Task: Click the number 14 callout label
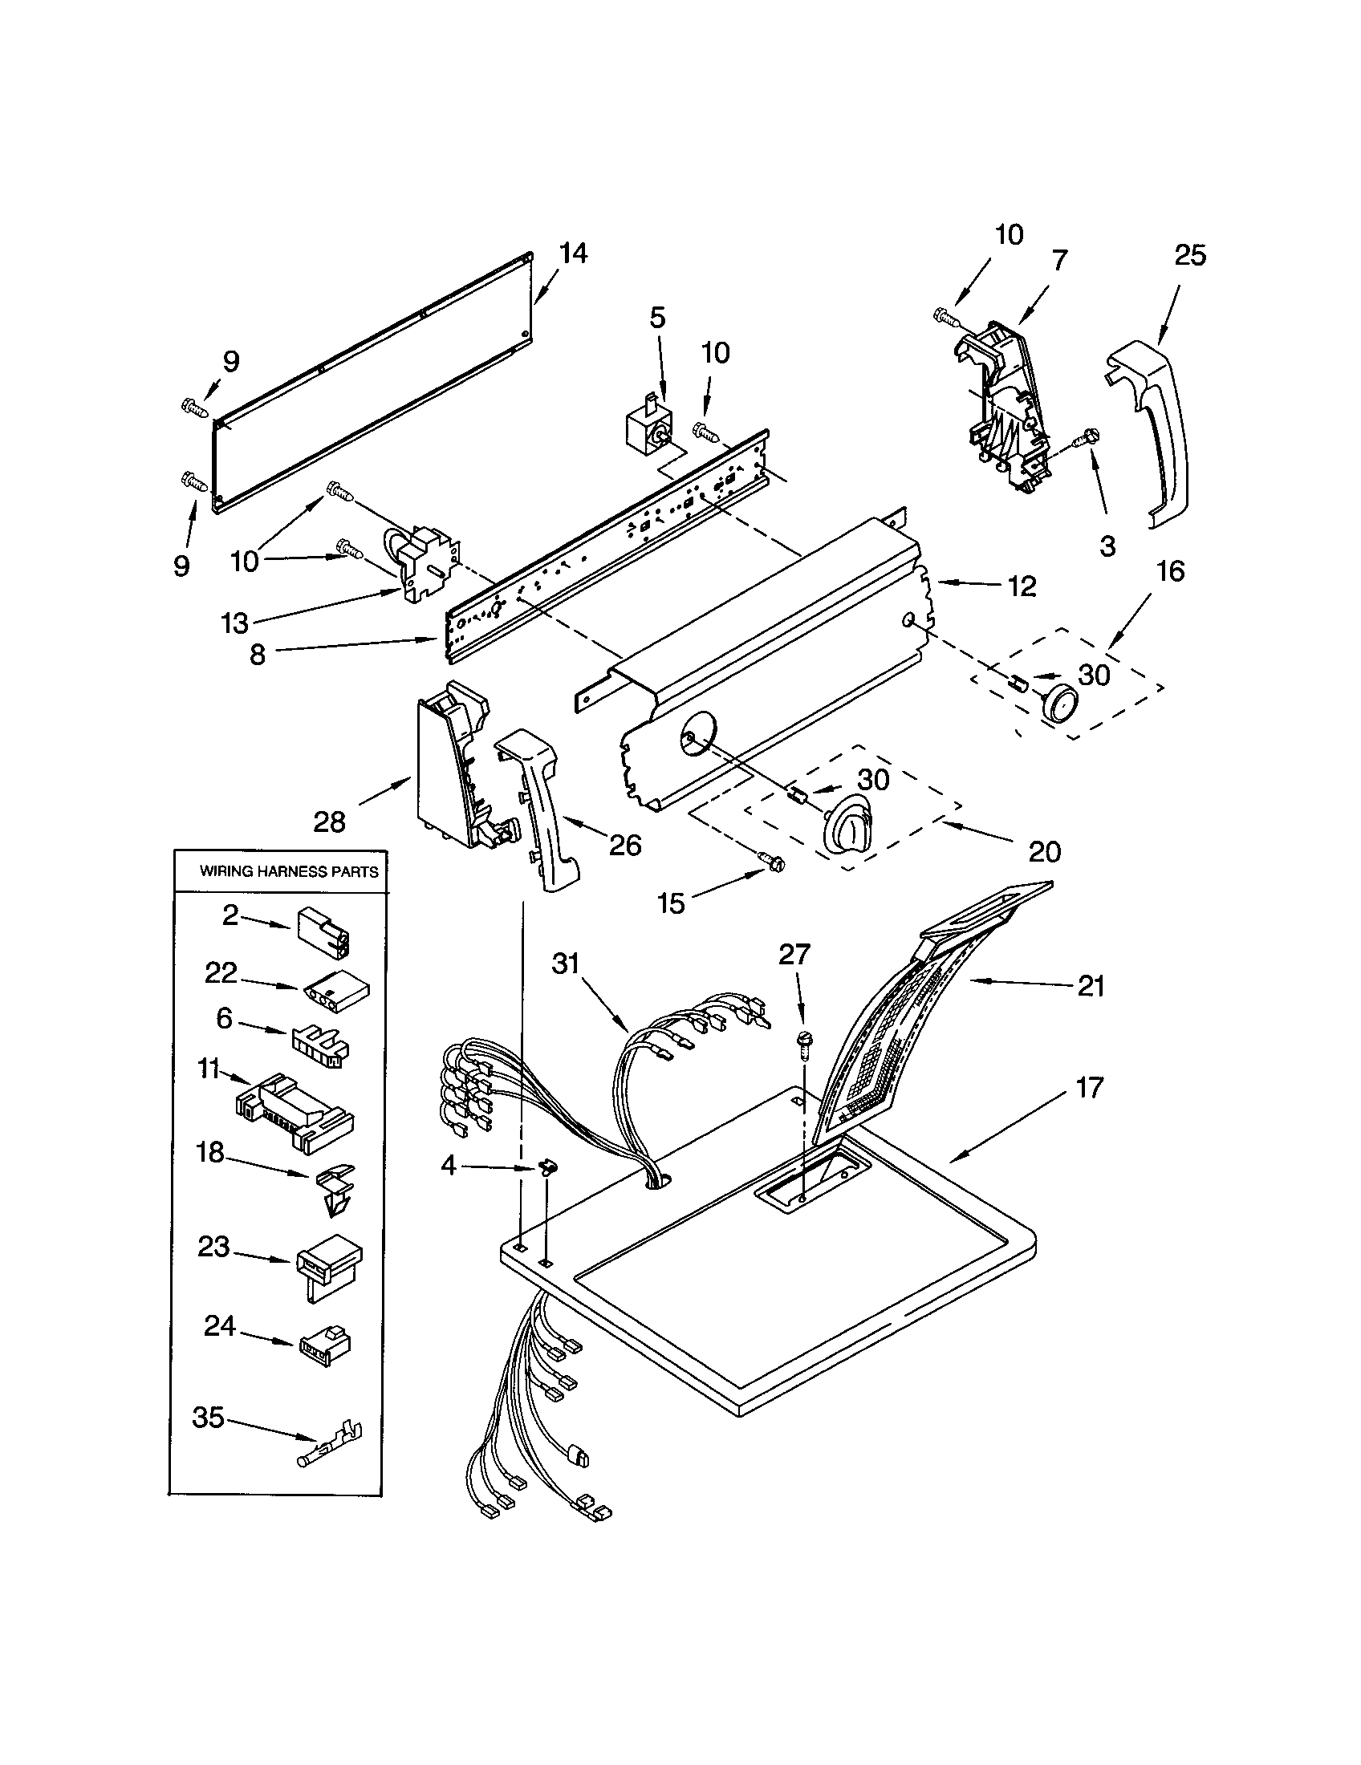pos(573,254)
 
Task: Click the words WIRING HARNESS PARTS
pos(289,872)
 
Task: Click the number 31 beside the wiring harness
pos(567,964)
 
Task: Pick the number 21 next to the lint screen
pos(1091,986)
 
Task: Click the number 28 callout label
pos(330,822)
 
